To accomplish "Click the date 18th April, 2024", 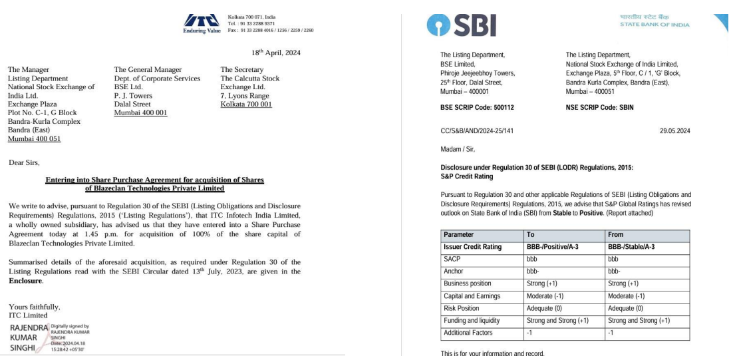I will [276, 53].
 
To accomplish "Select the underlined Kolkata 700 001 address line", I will [246, 104].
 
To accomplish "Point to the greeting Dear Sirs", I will [24, 162].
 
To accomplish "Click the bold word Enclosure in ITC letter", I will [26, 281].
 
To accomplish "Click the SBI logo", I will [461, 25].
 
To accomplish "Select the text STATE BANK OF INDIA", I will [655, 25].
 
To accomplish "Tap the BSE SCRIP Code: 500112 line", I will [477, 107].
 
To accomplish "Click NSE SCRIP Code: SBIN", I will [599, 107].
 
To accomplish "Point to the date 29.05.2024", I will [674, 131].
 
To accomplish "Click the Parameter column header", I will [458, 235].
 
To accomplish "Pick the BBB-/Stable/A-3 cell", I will [631, 247].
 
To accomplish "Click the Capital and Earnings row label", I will [472, 296].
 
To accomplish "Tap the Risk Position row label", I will [462, 308].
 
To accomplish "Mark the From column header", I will [615, 235].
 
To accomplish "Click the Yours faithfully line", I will [34, 307].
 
